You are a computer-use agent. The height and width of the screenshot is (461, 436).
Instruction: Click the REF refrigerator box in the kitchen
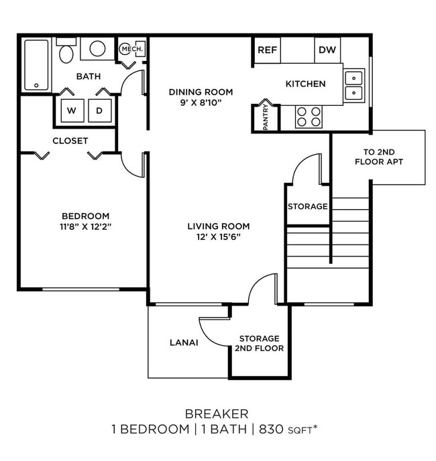click(267, 50)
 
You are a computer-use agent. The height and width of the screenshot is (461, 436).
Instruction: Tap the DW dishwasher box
click(327, 50)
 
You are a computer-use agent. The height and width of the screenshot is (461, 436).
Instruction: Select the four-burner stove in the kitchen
click(309, 117)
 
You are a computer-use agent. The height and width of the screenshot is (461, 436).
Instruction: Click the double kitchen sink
click(354, 85)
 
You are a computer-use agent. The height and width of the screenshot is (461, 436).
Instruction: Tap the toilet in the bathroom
click(66, 52)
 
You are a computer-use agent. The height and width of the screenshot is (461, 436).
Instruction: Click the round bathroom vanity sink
click(98, 49)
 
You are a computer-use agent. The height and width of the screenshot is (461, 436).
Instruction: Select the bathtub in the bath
click(36, 64)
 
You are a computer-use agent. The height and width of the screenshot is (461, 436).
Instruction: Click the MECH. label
click(129, 49)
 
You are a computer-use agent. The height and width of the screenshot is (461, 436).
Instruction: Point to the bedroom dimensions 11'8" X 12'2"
click(85, 226)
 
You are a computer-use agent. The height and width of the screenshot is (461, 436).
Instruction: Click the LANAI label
click(184, 342)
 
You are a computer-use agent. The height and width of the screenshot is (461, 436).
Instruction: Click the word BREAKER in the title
click(217, 413)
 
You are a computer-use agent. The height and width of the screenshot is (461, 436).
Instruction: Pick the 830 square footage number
click(271, 430)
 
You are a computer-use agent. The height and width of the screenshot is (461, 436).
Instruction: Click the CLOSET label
click(70, 141)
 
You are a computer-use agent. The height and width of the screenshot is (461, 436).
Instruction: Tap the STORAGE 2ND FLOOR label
click(260, 343)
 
